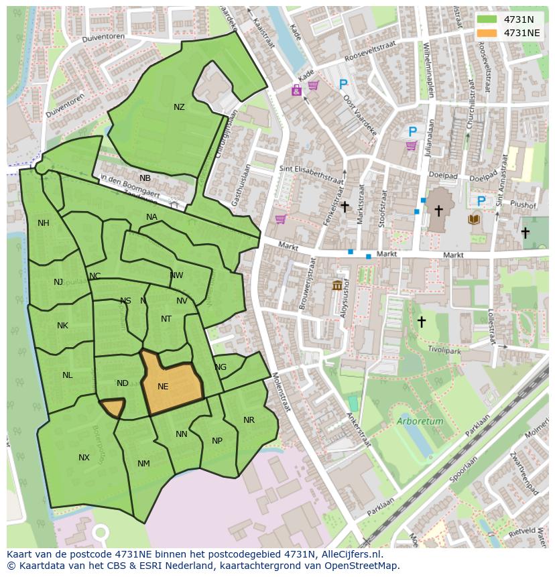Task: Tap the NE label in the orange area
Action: (x=163, y=387)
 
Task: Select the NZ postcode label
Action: (x=179, y=107)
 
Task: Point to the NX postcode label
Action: (x=84, y=458)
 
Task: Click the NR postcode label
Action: (x=249, y=420)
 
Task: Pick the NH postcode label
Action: (x=44, y=223)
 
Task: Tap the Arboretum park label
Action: (x=420, y=422)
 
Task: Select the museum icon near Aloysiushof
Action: (x=337, y=286)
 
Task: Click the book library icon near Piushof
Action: (x=474, y=219)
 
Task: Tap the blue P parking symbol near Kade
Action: (x=343, y=84)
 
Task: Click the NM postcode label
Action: (x=143, y=464)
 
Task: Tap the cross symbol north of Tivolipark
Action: (x=421, y=322)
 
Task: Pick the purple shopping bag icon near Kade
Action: (x=296, y=90)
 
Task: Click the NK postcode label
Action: (x=62, y=326)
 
